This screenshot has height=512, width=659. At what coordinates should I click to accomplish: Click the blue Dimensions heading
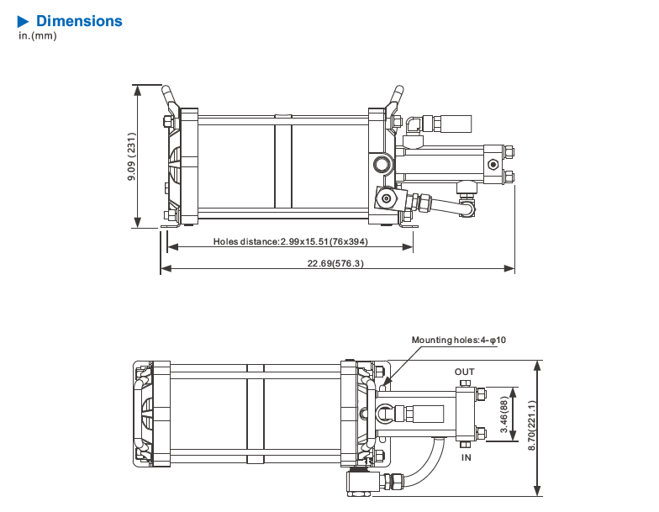point(79,21)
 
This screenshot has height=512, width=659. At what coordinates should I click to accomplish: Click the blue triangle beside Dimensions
point(23,22)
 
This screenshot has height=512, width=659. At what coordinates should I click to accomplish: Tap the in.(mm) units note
point(37,35)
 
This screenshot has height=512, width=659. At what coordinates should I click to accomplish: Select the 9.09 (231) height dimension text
point(131,156)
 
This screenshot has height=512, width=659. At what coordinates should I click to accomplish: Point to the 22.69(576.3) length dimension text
point(335,263)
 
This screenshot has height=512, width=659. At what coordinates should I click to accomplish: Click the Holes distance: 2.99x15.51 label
point(291,241)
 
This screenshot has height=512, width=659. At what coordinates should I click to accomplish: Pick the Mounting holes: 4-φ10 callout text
point(459,340)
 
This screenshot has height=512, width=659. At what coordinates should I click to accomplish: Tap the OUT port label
point(464,372)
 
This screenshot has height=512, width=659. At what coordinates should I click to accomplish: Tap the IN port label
point(466,457)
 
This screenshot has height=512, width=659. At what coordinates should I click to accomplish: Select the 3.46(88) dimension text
point(504,414)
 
